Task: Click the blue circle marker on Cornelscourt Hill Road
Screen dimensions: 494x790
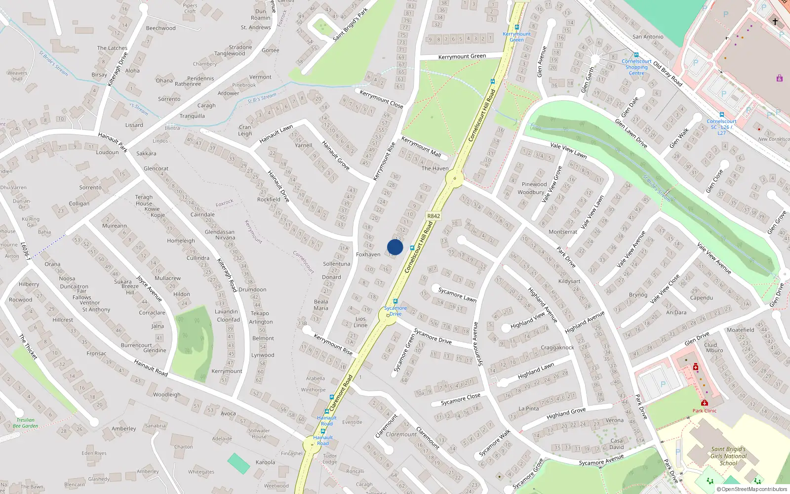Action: coord(395,247)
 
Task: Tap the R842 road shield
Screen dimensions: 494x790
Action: coord(433,216)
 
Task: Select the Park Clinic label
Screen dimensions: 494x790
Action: coord(704,411)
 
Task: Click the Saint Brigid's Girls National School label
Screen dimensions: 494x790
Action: coord(728,456)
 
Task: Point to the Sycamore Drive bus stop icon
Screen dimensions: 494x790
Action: coord(395,301)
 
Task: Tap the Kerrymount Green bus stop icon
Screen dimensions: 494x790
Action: coord(517,28)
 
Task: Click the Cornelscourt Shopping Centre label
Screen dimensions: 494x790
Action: coord(636,67)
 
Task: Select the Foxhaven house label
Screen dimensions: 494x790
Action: coord(368,254)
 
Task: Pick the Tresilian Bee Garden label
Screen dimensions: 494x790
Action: coord(25,423)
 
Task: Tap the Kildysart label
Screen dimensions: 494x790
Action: coord(569,281)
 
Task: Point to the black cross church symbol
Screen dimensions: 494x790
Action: coord(775,21)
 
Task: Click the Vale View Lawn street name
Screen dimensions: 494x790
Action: coord(568,150)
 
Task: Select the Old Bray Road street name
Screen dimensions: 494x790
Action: coord(668,74)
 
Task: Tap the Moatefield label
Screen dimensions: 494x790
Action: coord(740,329)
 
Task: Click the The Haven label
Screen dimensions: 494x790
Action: coord(435,168)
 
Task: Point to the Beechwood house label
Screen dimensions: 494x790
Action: coord(160,28)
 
